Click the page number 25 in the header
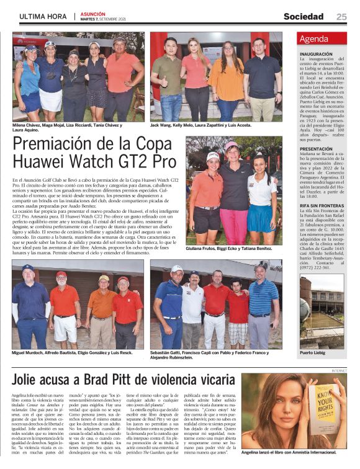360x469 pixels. tap(341, 17)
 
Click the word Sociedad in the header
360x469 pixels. tap(304, 17)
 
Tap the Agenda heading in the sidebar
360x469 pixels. tap(314, 39)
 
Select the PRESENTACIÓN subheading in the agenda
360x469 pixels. tap(317, 150)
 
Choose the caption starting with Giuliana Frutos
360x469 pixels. tap(229, 248)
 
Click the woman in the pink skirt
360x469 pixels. tap(233, 199)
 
